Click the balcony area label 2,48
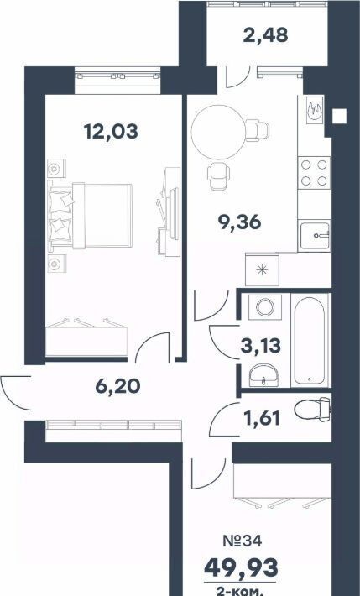point(265,35)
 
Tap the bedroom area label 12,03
point(111,132)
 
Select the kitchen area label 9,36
point(239,222)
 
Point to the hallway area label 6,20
point(117,386)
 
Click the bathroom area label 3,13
point(261,346)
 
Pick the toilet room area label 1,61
point(261,419)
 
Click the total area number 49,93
point(241,567)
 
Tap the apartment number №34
point(243,541)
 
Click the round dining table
point(218,132)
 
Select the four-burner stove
point(314,173)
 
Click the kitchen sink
point(314,236)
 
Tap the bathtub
point(310,341)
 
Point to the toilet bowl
point(312,410)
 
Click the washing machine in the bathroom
point(265,306)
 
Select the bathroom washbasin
point(263,375)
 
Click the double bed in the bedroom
point(90,216)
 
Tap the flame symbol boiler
point(315,109)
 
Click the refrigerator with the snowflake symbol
point(262,269)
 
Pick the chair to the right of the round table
point(258,130)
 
